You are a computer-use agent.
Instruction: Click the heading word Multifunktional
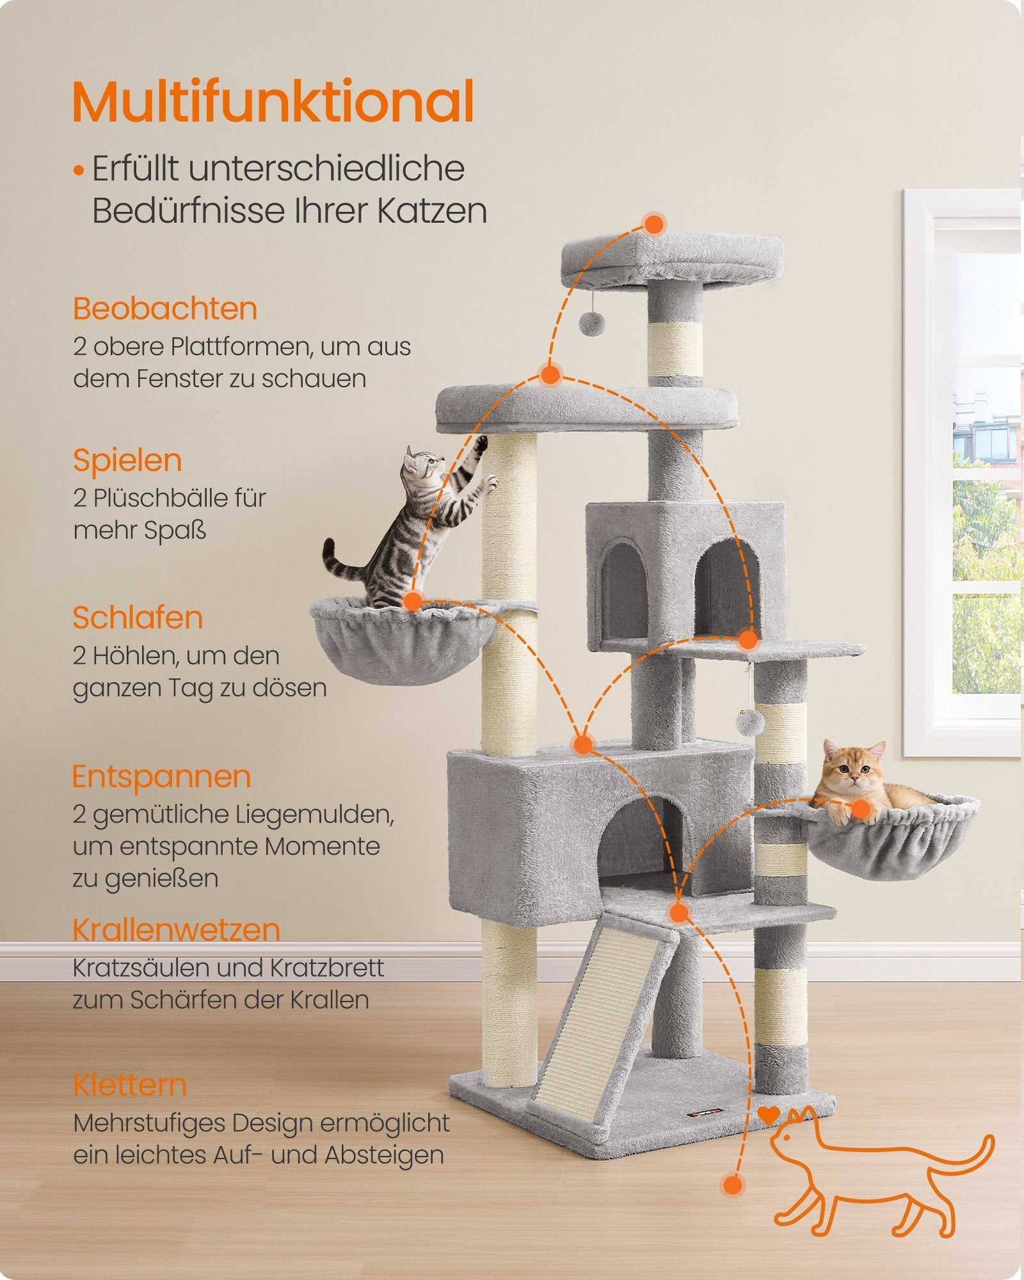coord(273,101)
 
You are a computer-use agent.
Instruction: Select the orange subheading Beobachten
coord(165,309)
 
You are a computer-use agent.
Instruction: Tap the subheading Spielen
coord(127,461)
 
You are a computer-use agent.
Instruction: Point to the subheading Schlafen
coord(138,618)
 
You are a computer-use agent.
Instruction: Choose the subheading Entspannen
coord(161,777)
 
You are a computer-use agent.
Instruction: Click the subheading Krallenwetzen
coord(176,930)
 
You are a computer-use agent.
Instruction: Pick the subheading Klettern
coord(129,1085)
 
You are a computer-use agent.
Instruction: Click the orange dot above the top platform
coord(653,224)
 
